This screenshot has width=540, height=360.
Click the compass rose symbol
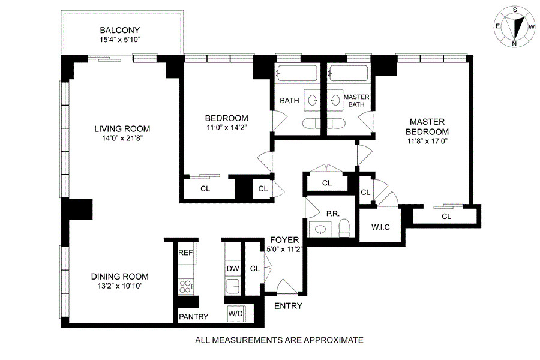(x=514, y=27)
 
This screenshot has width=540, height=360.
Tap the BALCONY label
(x=120, y=30)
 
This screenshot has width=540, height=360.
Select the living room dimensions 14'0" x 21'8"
(x=122, y=138)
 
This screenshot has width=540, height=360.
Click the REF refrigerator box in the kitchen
(x=185, y=253)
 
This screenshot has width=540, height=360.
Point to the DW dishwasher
(x=233, y=268)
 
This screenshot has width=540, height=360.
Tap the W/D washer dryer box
(x=235, y=314)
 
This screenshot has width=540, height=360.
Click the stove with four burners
(x=185, y=286)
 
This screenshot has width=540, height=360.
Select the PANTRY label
(x=194, y=317)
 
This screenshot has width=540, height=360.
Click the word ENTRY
(x=288, y=306)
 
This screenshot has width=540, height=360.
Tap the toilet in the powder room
(x=344, y=227)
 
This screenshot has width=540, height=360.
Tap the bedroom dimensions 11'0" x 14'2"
(x=226, y=127)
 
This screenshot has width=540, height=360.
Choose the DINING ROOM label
(x=120, y=277)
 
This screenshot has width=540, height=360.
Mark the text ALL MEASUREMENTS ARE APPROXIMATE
(x=280, y=340)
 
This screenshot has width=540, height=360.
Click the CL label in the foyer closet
(x=254, y=268)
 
